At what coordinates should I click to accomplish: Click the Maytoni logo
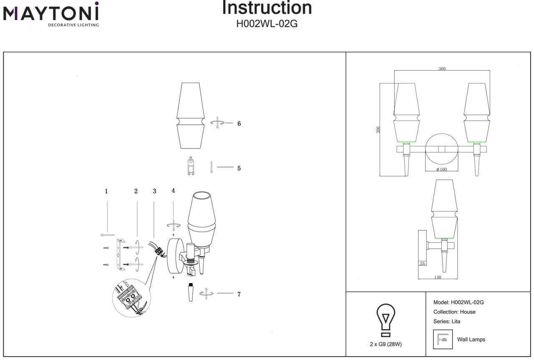coord(51,14)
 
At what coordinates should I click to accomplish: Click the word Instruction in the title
coord(267,8)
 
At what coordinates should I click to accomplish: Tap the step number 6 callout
coord(239,124)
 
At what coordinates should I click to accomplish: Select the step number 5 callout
coord(239,169)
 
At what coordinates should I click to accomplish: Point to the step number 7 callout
coord(239,295)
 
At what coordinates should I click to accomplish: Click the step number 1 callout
coord(106,191)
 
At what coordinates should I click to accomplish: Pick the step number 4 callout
coord(173,191)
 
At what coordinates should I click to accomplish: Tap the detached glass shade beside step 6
coord(191,116)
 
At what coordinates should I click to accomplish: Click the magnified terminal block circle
coord(131,297)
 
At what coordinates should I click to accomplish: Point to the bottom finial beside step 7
coord(190,294)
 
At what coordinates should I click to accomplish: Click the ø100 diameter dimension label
coord(441,169)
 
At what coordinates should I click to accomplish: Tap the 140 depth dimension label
coord(438,277)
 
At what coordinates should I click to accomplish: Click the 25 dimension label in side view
coord(423,264)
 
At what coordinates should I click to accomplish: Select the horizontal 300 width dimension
coord(442,69)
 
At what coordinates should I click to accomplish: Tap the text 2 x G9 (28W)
coord(386,344)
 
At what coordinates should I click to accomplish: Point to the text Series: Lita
coord(447,322)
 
